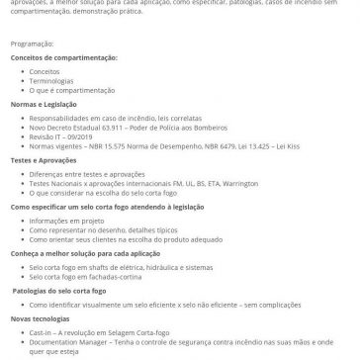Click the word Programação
click(29, 44)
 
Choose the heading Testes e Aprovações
click(40, 158)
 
